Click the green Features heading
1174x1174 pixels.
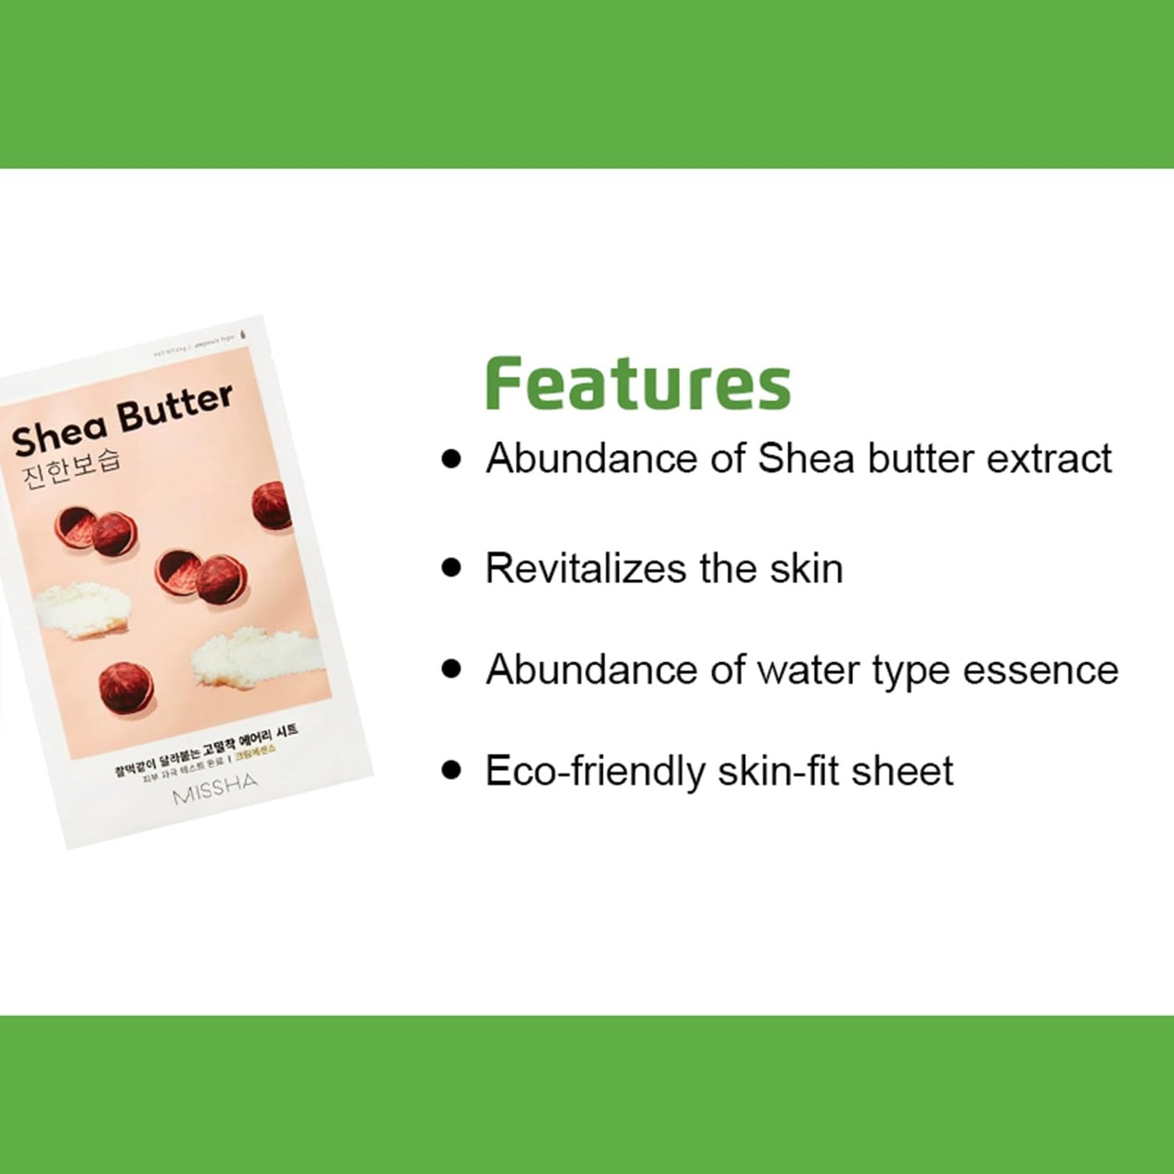(x=638, y=383)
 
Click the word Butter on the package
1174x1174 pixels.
(x=175, y=407)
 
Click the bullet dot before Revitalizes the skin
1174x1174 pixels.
(x=451, y=567)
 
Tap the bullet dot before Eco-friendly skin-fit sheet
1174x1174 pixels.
(x=451, y=770)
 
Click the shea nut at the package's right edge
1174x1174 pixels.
(x=273, y=505)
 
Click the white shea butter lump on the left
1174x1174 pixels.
(x=83, y=604)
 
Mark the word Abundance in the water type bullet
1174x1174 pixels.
(x=591, y=671)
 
